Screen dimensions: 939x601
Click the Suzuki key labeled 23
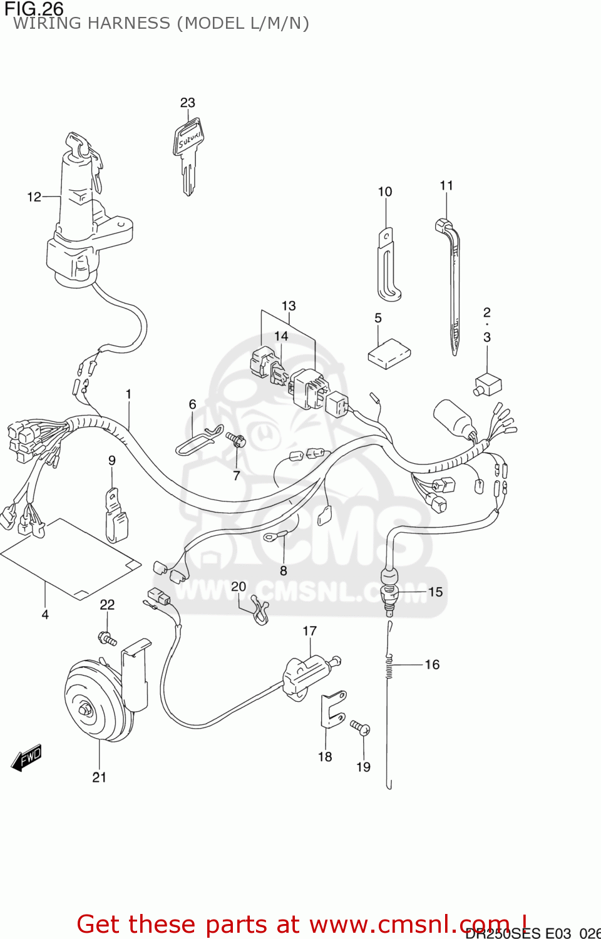coord(188,153)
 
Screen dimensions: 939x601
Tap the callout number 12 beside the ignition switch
coord(34,197)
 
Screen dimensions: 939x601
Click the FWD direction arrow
coord(27,757)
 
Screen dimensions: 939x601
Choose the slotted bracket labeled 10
coord(387,266)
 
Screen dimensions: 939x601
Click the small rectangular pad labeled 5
coord(389,354)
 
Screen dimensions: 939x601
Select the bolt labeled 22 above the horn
coord(108,639)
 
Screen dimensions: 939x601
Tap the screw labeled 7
coord(237,439)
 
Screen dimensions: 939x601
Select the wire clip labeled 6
coord(198,441)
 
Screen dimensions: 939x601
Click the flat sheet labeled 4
coord(69,557)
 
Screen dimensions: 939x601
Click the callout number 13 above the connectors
coord(288,306)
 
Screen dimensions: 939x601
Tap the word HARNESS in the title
coord(130,24)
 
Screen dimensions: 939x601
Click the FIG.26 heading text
coord(34,8)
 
